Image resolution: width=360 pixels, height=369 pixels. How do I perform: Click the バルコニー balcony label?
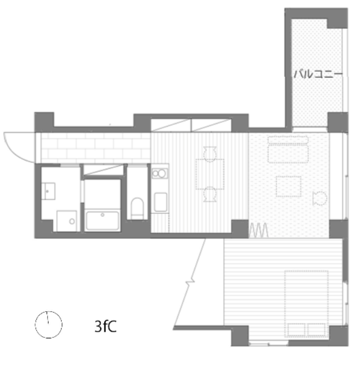(318, 74)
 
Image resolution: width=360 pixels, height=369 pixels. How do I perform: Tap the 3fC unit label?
(106, 326)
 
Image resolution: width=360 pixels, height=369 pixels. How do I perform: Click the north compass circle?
(36, 325)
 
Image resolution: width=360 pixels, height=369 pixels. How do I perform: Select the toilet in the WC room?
(137, 208)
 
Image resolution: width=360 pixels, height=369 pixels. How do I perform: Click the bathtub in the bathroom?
(102, 221)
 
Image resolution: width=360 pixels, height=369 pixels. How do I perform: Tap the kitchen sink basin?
(161, 202)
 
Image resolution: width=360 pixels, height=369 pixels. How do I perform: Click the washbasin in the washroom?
(48, 191)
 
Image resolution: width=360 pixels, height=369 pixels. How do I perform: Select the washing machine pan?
(67, 221)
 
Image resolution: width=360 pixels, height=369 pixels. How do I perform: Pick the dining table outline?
(209, 174)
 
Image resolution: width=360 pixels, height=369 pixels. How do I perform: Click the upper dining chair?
(210, 154)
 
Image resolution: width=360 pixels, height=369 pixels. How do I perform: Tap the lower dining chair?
(210, 195)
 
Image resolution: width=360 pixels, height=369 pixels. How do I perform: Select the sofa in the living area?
(288, 149)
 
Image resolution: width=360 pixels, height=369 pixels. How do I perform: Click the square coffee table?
(288, 186)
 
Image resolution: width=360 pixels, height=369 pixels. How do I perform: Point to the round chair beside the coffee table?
(319, 198)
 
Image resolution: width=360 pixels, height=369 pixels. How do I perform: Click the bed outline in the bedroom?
(306, 303)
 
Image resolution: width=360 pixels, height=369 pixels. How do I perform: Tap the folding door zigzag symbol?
(258, 230)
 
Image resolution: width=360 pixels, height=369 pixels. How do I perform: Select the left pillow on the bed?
(297, 330)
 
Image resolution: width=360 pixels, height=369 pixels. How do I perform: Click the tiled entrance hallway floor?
(96, 148)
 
